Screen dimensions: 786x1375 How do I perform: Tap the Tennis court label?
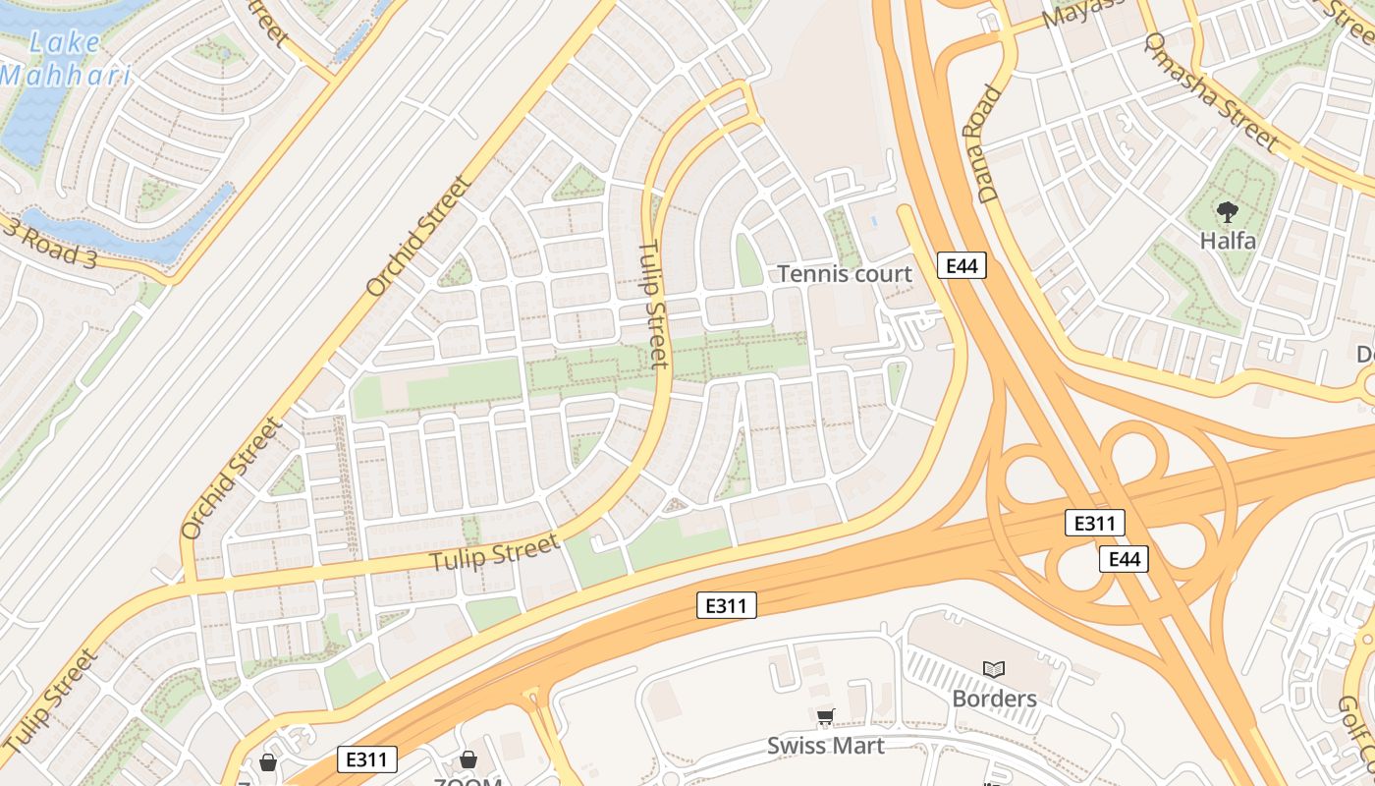[845, 274]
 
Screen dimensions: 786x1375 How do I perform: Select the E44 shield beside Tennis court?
[962, 264]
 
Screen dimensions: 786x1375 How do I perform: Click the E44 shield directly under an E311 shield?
[1124, 559]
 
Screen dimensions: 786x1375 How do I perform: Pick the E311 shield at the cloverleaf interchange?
[1095, 523]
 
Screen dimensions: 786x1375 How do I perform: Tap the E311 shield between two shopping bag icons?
[367, 758]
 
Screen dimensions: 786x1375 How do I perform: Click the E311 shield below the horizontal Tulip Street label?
[727, 605]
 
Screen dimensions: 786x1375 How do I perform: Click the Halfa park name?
[1228, 240]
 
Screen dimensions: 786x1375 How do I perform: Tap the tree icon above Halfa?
[1227, 210]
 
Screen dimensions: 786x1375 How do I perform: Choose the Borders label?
[994, 699]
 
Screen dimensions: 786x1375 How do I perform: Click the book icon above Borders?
[994, 669]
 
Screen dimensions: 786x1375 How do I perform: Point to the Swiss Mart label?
[825, 745]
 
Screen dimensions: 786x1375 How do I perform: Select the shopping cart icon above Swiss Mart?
[825, 716]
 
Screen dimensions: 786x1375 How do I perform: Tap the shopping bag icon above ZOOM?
[468, 759]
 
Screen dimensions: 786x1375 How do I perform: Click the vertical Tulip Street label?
[654, 305]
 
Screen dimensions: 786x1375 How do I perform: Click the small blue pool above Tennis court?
[875, 221]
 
